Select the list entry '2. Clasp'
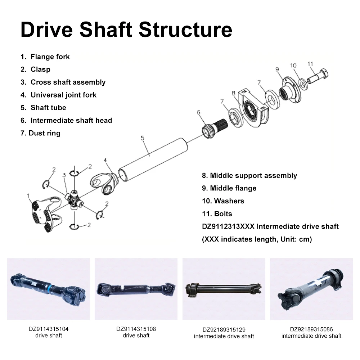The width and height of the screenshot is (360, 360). (36, 69)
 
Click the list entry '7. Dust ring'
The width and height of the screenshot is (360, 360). (40, 133)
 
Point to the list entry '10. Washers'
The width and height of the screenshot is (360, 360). (223, 201)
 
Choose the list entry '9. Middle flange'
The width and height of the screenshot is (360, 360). (229, 188)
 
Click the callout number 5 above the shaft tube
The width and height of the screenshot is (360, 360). (143, 138)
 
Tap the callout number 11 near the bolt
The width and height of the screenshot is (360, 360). (310, 64)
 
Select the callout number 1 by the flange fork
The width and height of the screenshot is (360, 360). (28, 196)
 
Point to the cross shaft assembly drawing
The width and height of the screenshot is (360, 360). (75, 199)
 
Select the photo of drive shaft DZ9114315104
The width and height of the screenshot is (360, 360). (49, 289)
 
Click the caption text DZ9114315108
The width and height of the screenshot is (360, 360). (136, 329)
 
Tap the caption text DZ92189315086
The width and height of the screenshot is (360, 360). (311, 329)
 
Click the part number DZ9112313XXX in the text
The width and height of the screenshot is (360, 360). (228, 226)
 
